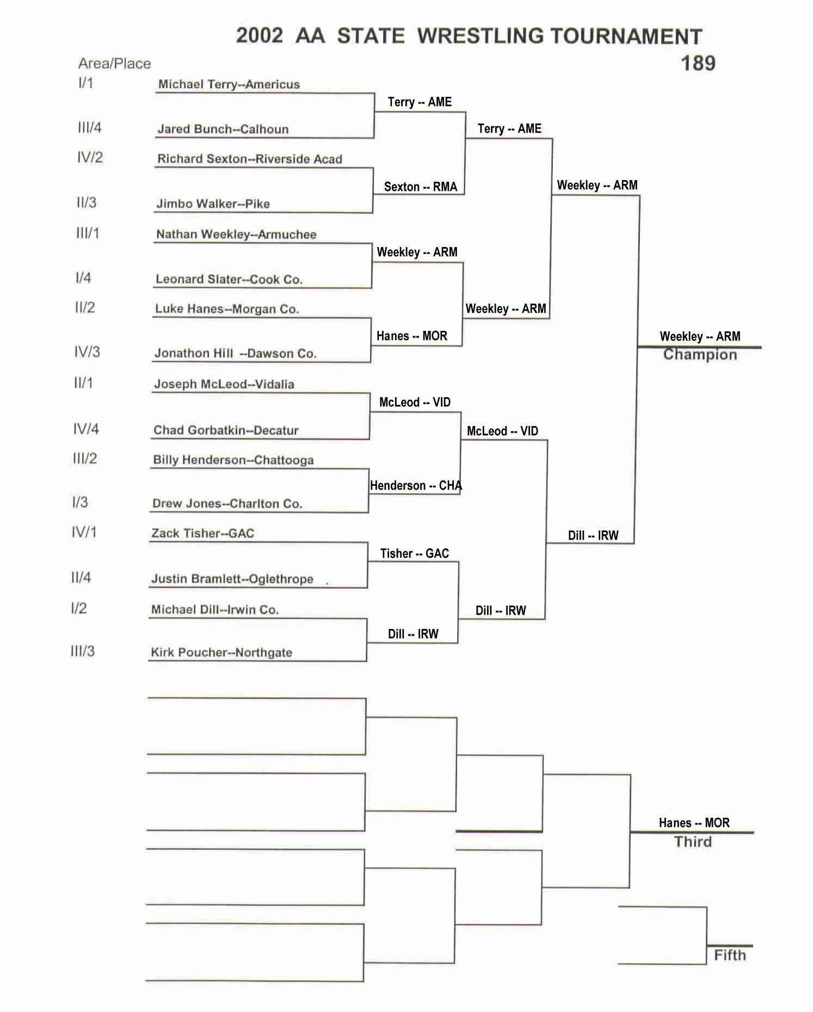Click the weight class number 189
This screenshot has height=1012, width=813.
[698, 64]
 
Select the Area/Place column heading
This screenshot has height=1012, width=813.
[114, 64]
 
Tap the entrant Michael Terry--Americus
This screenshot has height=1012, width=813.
[229, 84]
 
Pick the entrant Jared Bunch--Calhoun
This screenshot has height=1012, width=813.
[223, 129]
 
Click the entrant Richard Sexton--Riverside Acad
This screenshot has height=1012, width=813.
[249, 159]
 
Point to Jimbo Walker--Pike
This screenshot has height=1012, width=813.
[213, 203]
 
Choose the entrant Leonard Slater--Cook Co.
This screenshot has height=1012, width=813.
[229, 279]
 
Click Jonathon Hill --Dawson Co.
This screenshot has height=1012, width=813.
[235, 353]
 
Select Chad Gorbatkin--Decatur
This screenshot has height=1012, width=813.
[226, 430]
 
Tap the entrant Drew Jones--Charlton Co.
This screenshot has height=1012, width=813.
[227, 503]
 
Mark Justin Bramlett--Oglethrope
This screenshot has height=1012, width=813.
[232, 579]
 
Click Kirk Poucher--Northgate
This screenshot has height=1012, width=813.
[221, 652]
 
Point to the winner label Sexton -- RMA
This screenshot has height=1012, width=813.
[420, 187]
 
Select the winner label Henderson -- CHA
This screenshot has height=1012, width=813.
[416, 485]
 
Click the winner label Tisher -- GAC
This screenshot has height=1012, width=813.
[414, 554]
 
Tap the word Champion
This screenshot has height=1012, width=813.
[700, 355]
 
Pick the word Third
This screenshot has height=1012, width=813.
[693, 842]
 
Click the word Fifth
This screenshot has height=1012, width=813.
[730, 955]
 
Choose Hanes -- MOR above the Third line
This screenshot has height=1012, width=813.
[694, 823]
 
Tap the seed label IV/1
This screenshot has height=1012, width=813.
[84, 532]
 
